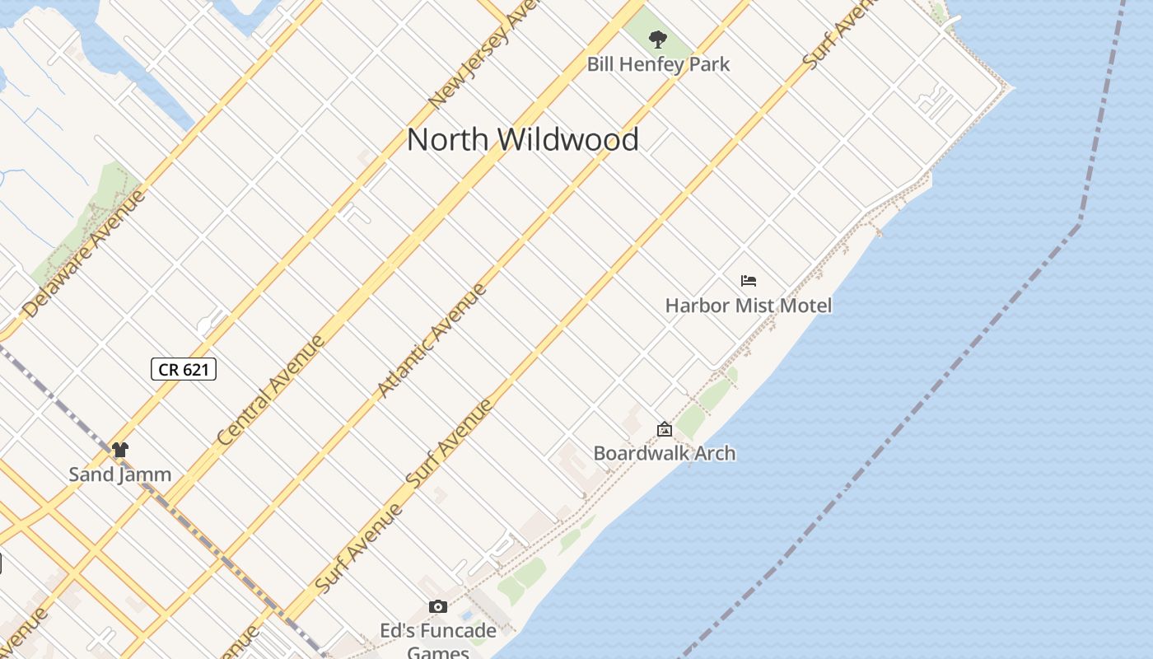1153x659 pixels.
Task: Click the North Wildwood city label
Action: pos(523,139)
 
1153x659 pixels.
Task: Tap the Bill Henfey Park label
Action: pos(658,64)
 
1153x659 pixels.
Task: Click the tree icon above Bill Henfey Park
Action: pos(657,39)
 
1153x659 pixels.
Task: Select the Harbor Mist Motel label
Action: pos(748,306)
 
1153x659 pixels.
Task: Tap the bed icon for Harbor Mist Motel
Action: pos(748,281)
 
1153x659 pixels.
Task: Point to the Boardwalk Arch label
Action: pos(664,453)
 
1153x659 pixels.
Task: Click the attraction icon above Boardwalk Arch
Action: pos(664,429)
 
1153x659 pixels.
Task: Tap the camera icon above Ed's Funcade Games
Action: pos(438,607)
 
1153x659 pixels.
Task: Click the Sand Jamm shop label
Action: pos(120,474)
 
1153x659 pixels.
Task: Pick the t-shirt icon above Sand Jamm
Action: pos(120,450)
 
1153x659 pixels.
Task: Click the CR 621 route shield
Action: pos(184,369)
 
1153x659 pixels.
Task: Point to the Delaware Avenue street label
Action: pos(84,254)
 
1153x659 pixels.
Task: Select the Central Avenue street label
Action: pos(271,391)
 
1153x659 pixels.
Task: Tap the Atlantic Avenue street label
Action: pos(432,341)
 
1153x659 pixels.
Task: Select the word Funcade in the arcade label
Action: pos(455,631)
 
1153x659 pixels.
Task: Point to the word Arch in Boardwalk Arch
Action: pos(715,453)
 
